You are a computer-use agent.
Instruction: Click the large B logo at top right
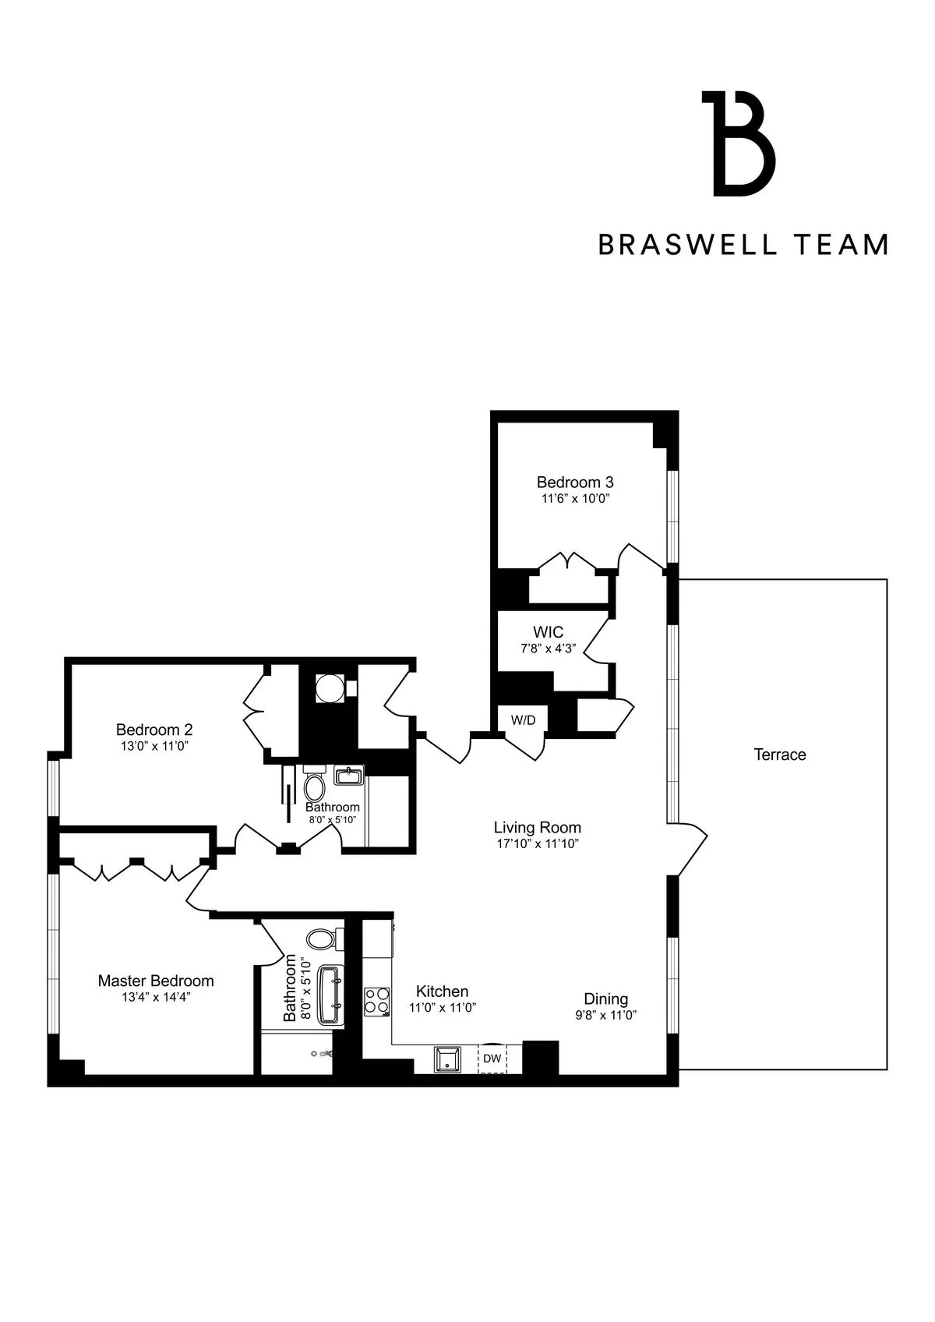[x=739, y=143]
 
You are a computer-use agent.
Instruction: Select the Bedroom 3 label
[x=575, y=482]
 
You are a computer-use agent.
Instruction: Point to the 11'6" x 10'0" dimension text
[x=575, y=499]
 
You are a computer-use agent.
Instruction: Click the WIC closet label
[x=548, y=632]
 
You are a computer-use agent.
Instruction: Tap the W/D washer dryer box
[x=523, y=720]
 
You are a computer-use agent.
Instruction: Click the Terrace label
[x=779, y=755]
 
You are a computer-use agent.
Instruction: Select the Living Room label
[x=538, y=828]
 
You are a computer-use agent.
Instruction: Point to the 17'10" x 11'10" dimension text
[x=538, y=844]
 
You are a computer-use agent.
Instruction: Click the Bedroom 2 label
[x=154, y=730]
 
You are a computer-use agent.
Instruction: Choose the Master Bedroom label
[x=156, y=981]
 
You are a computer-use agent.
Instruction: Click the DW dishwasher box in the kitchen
[x=492, y=1059]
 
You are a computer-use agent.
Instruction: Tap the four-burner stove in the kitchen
[x=377, y=1001]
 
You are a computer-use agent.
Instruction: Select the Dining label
[x=606, y=999]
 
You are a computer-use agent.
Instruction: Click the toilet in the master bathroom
[x=321, y=938]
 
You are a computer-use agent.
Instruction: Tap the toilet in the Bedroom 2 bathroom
[x=314, y=787]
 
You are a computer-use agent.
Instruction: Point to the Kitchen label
[x=442, y=991]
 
